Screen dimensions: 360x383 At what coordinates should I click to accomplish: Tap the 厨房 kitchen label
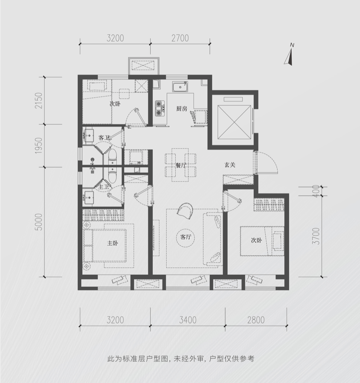(182, 109)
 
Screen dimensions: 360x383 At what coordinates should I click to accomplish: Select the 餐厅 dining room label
(181, 165)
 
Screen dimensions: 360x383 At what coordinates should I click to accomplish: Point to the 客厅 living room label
(186, 237)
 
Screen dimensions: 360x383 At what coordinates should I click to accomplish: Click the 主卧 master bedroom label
(113, 243)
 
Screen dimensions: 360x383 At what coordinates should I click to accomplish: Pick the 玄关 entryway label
(230, 165)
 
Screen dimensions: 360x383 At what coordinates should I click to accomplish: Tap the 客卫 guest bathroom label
(104, 138)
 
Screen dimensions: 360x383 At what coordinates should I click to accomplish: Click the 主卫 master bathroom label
(103, 187)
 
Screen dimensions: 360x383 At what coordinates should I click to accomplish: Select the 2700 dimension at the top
(180, 38)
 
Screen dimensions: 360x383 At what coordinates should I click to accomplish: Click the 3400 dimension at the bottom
(188, 320)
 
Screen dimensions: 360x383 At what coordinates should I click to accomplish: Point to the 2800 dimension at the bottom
(256, 320)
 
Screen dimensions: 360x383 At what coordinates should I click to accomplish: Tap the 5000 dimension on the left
(39, 222)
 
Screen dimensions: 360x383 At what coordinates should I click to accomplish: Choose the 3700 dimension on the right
(317, 236)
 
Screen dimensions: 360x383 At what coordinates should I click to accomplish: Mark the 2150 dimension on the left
(39, 101)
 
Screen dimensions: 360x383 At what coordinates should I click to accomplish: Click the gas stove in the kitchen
(160, 108)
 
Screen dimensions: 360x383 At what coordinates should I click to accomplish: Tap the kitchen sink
(180, 87)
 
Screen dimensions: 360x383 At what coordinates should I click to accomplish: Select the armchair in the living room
(185, 211)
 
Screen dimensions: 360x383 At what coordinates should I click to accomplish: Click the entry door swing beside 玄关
(266, 162)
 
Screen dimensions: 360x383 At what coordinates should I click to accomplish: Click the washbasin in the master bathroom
(88, 197)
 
